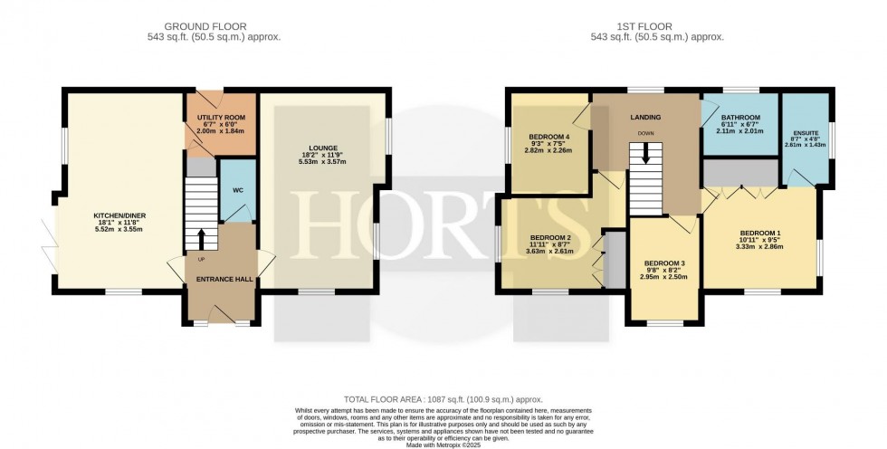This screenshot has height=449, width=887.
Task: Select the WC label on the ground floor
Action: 238,190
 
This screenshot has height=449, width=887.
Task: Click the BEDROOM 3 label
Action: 664,263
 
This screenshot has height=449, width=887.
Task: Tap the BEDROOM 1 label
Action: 759,232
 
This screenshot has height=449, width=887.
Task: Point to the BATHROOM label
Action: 740,118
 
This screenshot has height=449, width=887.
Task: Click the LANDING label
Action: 645,118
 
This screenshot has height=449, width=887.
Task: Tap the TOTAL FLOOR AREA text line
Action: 443,399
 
